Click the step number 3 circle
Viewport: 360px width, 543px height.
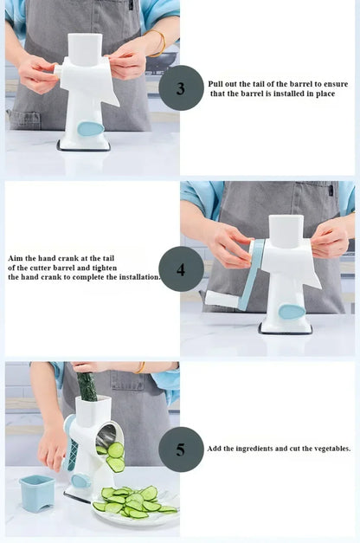181,88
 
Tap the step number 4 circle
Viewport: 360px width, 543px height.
181,269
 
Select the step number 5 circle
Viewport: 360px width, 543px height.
181,449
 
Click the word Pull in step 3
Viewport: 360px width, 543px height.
215,84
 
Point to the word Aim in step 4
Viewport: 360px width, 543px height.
15,258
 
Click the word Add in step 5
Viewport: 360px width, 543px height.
214,449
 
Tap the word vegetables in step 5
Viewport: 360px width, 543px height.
331,449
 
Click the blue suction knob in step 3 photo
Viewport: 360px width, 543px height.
90,129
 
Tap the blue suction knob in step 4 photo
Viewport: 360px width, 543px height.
292,312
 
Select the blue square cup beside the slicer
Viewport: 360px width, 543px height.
37,493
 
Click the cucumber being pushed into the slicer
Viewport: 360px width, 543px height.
87,386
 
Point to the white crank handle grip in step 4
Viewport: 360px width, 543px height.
222,299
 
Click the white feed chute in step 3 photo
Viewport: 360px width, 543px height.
85,48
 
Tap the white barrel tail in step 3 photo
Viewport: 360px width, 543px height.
58,71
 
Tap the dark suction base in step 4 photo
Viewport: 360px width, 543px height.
286,330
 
